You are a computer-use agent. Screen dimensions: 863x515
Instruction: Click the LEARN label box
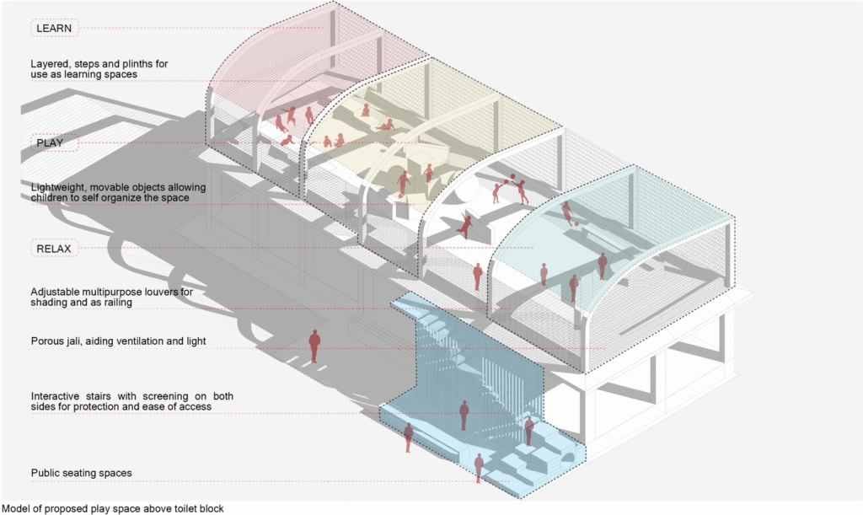54,28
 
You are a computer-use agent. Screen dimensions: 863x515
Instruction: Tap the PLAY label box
54,142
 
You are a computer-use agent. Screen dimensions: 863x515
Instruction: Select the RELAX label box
54,249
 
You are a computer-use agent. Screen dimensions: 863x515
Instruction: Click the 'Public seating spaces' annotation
82,473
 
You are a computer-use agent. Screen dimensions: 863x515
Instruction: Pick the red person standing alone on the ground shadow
314,346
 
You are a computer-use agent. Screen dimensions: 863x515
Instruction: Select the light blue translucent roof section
616,220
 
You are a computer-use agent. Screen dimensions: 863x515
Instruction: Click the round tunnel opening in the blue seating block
569,458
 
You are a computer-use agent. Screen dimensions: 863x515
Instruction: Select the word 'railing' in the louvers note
117,303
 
